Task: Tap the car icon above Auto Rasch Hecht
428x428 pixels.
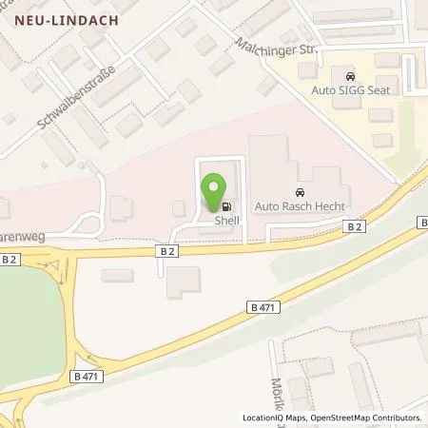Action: [x=302, y=190]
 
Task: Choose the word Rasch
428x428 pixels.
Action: [x=294, y=204]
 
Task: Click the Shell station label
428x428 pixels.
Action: [x=226, y=219]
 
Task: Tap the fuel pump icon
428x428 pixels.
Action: [x=226, y=205]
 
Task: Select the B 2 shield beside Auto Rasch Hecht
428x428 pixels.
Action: [x=354, y=225]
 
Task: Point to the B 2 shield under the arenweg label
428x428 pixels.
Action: [x=11, y=258]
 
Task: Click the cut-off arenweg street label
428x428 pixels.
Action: [x=19, y=229]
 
